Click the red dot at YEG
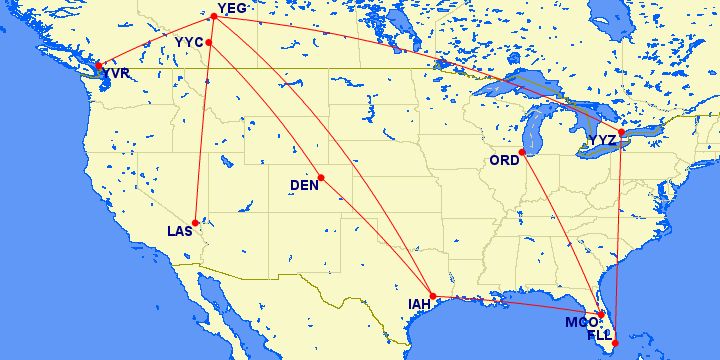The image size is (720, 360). (x=214, y=16)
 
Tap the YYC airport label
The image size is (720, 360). (x=188, y=42)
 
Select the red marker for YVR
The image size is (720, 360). (x=98, y=65)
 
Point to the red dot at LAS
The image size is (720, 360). (x=196, y=222)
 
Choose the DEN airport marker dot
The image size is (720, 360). (x=321, y=179)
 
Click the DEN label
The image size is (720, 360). (x=304, y=185)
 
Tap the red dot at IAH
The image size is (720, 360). (x=432, y=296)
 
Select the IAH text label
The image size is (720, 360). (x=422, y=304)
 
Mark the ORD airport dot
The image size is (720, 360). (x=522, y=152)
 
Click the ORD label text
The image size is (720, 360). (x=504, y=160)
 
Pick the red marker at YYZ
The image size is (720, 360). (x=621, y=132)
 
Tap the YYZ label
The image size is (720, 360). (x=604, y=140)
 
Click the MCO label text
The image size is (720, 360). (x=581, y=322)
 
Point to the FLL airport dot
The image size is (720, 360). (x=614, y=343)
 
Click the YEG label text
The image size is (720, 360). (x=231, y=9)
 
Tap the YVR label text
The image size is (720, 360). (x=116, y=74)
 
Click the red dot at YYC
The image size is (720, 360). (x=208, y=43)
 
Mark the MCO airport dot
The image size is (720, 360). (x=602, y=316)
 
